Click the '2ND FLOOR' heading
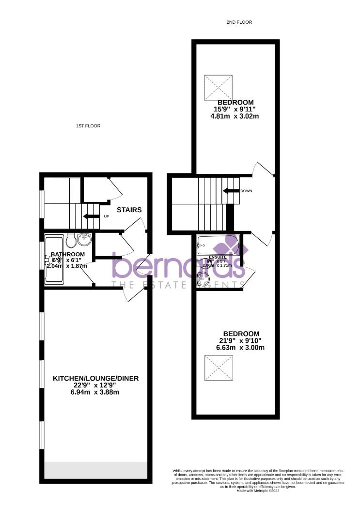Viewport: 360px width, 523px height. click(239, 22)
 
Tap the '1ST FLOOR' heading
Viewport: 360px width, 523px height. click(88, 126)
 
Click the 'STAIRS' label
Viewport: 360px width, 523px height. click(129, 210)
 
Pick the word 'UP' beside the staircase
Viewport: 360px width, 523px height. click(106, 216)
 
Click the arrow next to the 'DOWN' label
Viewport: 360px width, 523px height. click(231, 191)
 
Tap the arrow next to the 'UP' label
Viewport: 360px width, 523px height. click(91, 216)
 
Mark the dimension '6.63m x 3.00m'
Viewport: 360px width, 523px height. click(241, 348)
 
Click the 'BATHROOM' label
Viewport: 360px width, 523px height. click(68, 254)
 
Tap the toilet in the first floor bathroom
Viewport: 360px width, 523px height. click(70, 240)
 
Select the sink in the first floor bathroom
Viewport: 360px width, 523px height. click(85, 239)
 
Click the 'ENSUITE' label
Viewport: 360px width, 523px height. click(217, 257)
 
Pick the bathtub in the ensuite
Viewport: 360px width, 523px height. click(218, 245)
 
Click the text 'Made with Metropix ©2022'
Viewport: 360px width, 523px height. click(258, 491)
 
